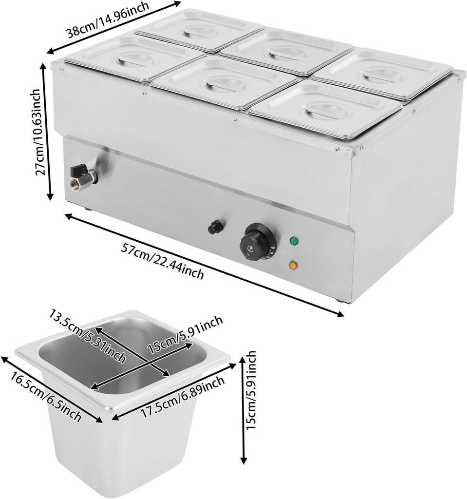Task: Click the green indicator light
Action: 294,241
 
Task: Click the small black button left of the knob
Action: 215,227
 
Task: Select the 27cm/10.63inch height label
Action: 41,132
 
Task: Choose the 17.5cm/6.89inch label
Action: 183,397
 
